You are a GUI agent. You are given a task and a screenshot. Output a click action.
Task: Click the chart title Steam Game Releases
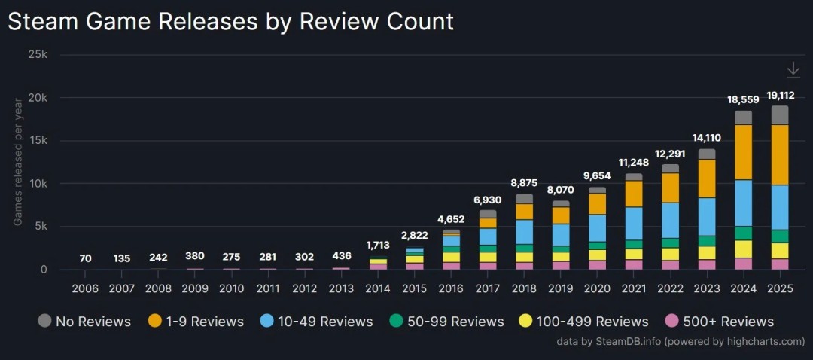point(230,21)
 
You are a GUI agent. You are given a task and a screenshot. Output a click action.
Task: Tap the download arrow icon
point(793,70)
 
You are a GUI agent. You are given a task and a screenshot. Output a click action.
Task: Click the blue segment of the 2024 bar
point(743,203)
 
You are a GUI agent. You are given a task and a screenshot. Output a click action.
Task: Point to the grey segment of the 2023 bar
point(707,154)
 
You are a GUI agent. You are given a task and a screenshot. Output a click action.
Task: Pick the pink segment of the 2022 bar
point(670,264)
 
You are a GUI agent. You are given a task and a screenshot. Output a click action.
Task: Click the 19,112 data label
point(780,95)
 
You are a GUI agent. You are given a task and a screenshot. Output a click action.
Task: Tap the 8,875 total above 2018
point(524,183)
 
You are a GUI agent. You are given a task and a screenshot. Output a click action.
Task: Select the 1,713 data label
point(378,245)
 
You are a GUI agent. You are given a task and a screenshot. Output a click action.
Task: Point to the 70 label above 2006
point(85,258)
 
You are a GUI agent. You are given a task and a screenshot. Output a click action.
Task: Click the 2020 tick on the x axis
point(597,289)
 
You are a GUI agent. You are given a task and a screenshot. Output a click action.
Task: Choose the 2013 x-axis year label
point(341,289)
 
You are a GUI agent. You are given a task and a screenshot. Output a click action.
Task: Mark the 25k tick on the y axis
point(37,55)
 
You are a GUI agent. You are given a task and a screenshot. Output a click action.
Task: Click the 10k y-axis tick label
point(37,184)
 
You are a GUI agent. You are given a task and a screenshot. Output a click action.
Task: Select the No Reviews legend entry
point(84,322)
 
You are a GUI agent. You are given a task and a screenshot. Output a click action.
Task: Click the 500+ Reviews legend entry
point(720,322)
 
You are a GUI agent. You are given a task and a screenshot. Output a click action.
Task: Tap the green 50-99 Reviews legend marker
point(395,322)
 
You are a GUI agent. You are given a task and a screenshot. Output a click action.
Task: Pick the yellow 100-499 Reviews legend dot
point(526,322)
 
